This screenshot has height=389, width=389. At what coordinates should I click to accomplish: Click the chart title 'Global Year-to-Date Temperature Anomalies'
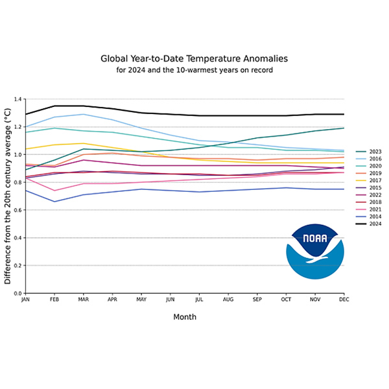[194, 58]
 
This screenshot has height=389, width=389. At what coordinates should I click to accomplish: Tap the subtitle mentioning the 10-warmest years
[194, 69]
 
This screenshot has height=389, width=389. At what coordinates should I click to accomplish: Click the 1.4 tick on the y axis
[18, 99]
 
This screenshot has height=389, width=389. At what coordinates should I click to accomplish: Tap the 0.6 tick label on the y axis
[18, 210]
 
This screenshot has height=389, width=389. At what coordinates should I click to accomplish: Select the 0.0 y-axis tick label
[18, 293]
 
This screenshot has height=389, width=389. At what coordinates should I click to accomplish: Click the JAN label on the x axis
[25, 300]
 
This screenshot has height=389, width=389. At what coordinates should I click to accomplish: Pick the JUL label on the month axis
[199, 300]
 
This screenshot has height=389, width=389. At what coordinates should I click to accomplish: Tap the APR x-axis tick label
[112, 300]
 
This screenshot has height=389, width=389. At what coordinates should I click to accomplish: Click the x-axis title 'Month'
[185, 317]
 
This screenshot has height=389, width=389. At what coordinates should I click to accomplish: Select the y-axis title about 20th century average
[8, 196]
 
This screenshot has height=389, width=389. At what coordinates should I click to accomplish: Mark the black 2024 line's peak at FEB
[54, 106]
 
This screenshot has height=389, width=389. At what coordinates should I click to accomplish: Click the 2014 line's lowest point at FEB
[54, 202]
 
